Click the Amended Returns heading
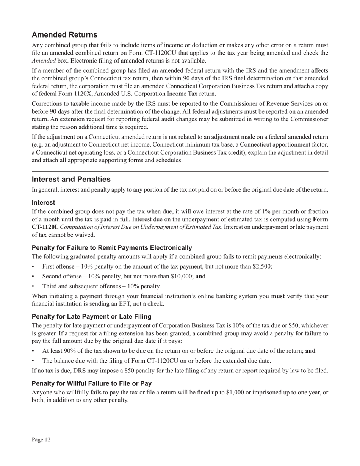coord(64,35)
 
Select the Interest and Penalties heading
coord(71,179)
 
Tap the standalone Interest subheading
coord(43,203)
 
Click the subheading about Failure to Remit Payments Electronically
coord(112,248)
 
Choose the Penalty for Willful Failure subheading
coord(92,383)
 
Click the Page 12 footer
coord(41,439)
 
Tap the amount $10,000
coord(182,276)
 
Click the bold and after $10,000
coord(200,276)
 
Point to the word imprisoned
coord(265,393)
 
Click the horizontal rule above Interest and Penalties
coord(180,171)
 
